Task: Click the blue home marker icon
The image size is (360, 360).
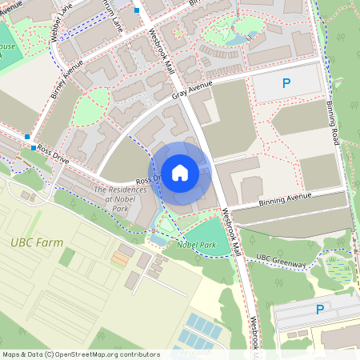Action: (x=180, y=172)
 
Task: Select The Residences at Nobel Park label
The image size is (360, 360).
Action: (x=122, y=199)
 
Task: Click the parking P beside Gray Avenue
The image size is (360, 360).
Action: (x=286, y=82)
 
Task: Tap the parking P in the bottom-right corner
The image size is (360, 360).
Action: (x=321, y=310)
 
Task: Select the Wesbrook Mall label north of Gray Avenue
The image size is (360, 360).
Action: (x=162, y=52)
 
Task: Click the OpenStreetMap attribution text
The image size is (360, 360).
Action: (x=80, y=354)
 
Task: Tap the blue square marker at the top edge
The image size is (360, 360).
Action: (x=138, y=10)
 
